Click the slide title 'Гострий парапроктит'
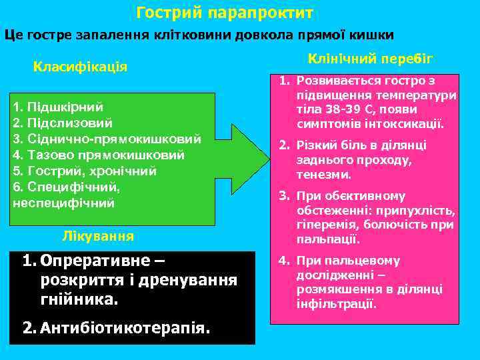pyautogui.click(x=225, y=13)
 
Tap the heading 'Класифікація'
pyautogui.click(x=81, y=67)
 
